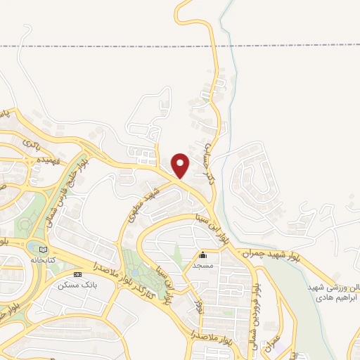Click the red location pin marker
click(181, 165)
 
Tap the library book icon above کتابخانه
click(43, 250)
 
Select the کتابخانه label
click(42, 259)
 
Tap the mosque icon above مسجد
click(203, 255)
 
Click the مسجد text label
click(203, 266)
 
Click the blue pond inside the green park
click(134, 272)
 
